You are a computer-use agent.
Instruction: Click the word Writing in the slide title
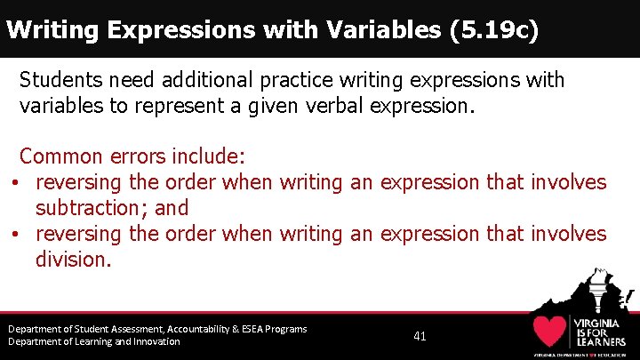[51, 30]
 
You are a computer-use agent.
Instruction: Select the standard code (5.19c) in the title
[494, 30]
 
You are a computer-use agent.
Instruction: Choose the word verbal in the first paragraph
[342, 107]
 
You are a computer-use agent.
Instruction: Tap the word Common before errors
[60, 156]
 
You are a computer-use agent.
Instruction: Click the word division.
[73, 260]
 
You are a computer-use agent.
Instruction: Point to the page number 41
[420, 336]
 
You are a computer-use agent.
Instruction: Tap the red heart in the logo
[551, 331]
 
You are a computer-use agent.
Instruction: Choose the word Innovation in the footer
[150, 341]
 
